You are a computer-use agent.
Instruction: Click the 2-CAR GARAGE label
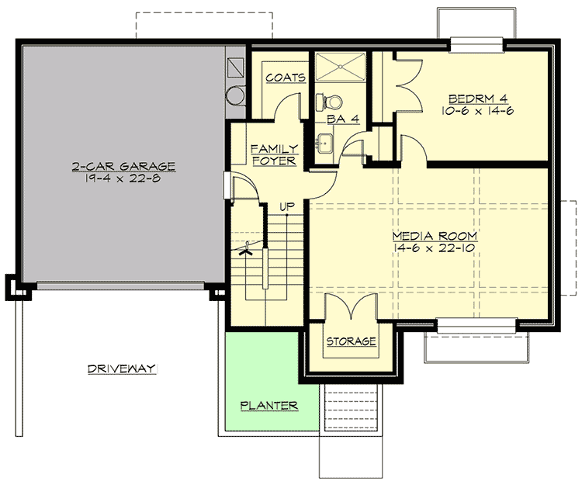click(124, 167)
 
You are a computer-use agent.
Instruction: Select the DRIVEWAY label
click(123, 369)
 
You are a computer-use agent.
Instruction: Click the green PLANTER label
click(269, 406)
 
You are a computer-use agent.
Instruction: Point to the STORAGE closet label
click(351, 341)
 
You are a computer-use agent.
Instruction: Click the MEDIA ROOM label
click(434, 235)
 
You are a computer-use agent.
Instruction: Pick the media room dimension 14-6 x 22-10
click(434, 247)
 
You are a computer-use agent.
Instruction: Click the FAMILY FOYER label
click(273, 154)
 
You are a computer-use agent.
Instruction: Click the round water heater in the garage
click(234, 95)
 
